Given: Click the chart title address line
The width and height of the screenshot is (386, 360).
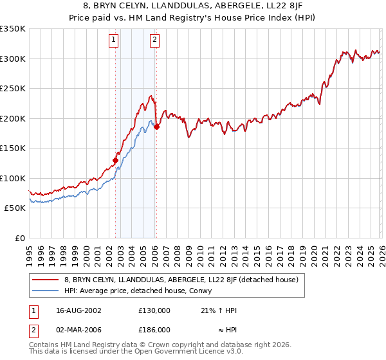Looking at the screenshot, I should pos(193,5).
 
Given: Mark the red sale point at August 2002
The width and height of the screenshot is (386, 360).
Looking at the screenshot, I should pos(116,160).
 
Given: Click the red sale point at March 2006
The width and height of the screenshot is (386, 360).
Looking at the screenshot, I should pos(156,127).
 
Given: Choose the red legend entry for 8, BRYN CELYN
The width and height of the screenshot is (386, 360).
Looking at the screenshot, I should pos(180,280).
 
